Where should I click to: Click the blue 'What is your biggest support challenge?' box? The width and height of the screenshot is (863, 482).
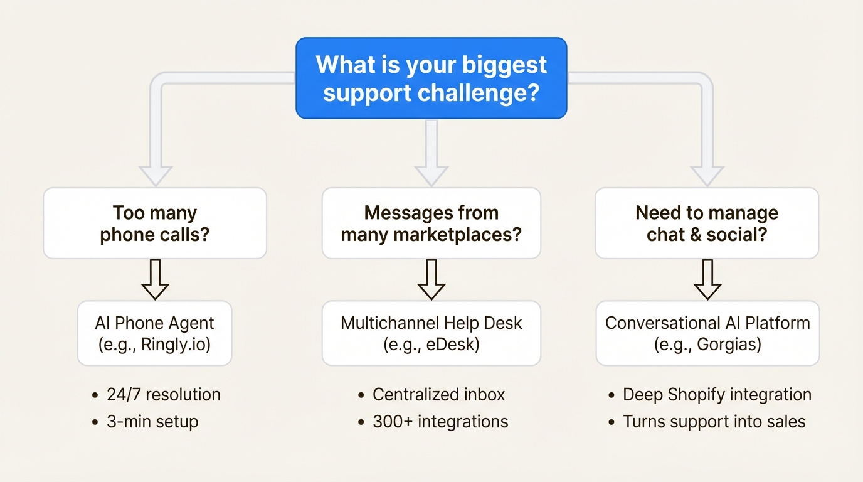coord(431,78)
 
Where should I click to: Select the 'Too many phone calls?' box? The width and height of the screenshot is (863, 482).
coord(155,223)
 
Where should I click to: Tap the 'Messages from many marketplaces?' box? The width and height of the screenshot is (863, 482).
coord(431,223)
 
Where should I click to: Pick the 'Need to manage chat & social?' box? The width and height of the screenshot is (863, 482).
coord(707,223)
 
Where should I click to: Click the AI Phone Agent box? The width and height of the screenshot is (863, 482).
coord(155,333)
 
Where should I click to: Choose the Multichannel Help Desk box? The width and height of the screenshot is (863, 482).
coord(431,333)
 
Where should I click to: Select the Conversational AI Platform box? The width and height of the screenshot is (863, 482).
coord(707,333)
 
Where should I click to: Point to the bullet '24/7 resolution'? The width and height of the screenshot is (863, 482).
coord(163,395)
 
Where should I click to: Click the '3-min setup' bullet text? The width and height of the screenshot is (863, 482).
coord(152,421)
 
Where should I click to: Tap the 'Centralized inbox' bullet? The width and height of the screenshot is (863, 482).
coord(438,395)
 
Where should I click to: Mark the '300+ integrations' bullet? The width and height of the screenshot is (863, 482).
coord(440,421)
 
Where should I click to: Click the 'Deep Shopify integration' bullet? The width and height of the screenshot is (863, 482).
coord(717,395)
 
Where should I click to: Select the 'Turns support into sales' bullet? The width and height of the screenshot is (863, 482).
coord(714,421)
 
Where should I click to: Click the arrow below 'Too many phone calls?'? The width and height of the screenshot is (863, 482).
coord(155,281)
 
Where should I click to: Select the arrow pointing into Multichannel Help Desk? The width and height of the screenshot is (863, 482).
coord(431,281)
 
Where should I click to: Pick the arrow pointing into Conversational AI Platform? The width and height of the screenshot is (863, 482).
coord(707,281)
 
